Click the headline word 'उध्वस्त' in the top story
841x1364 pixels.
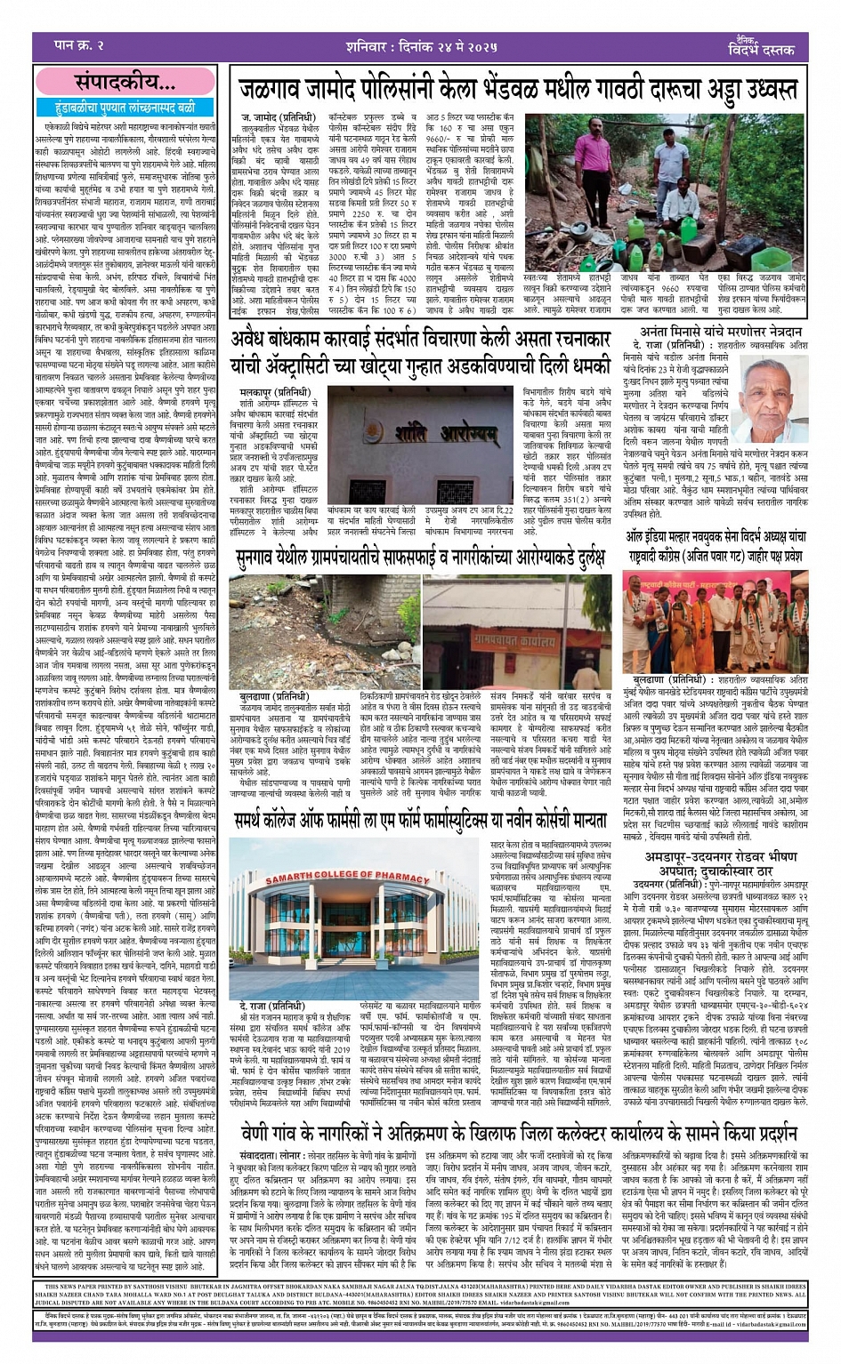click(752, 90)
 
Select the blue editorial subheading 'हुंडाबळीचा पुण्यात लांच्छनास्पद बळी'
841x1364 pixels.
click(125, 108)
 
